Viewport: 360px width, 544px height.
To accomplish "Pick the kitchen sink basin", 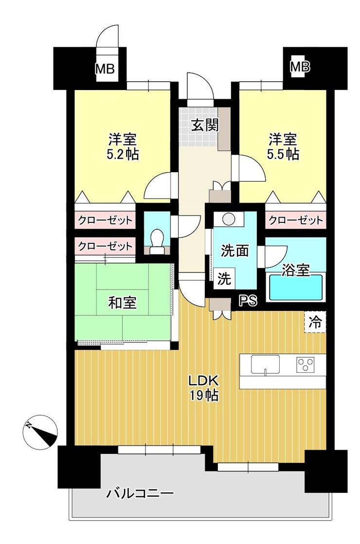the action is (265, 364).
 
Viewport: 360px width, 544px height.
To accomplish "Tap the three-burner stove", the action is (305, 364).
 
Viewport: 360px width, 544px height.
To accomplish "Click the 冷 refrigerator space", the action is (315, 322).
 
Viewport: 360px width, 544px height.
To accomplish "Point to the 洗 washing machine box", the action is (224, 278).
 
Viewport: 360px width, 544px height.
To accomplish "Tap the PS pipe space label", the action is (248, 300).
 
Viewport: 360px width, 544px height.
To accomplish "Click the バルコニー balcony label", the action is (140, 493).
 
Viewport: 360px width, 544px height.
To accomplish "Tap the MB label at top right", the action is (300, 66).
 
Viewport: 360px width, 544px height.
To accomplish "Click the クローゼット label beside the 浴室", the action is (295, 220).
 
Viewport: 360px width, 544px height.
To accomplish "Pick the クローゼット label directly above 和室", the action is (105, 246).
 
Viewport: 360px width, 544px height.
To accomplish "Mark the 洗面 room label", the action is (235, 251).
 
